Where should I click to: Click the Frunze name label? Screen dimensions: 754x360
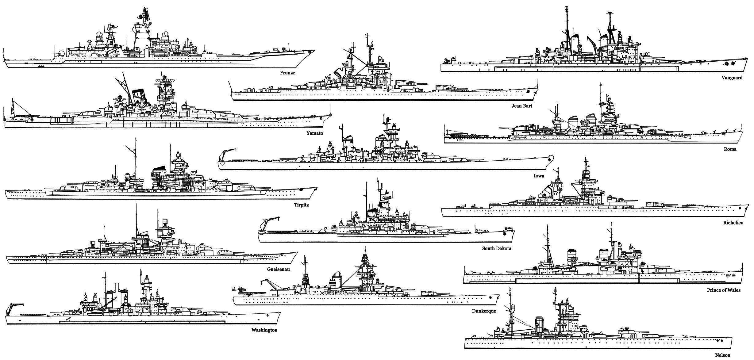(x=287, y=73)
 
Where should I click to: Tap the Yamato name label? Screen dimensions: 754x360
(x=315, y=133)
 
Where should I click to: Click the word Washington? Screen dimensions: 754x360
(x=264, y=330)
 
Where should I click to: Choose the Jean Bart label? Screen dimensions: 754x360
(x=522, y=106)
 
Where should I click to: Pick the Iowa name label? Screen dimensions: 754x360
(x=539, y=176)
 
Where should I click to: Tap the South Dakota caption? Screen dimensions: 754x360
(x=497, y=248)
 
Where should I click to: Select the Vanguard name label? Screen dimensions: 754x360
(x=732, y=78)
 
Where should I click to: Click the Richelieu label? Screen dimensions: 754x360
(x=732, y=223)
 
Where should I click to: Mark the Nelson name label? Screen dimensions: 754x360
(x=723, y=355)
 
